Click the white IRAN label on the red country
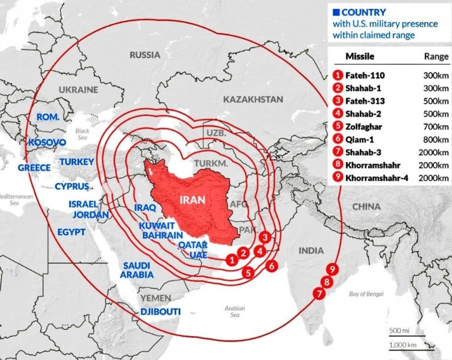192,200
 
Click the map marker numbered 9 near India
332,269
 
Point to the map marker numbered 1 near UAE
231,260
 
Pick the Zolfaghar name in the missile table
363,126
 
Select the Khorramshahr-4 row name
377,177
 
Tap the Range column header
436,57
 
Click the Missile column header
360,57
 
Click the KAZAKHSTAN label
253,99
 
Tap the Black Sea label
82,134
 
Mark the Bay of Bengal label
366,294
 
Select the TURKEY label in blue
77,162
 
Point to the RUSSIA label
144,55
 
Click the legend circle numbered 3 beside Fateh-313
338,101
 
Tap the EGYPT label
71,232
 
